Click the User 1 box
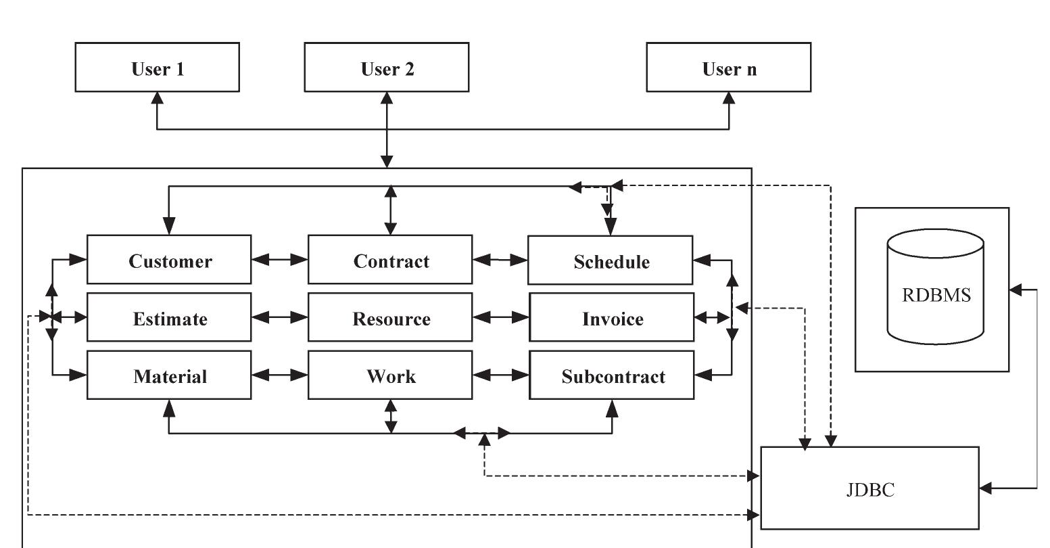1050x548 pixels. (157, 67)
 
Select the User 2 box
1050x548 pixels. (386, 67)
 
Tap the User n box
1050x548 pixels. (728, 67)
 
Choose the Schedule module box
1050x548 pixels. (610, 260)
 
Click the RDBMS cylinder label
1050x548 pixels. (936, 295)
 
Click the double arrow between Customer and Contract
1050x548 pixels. (279, 259)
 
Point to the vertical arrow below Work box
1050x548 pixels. (391, 416)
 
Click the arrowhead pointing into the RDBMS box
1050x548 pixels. (1016, 290)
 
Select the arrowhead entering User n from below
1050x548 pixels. (729, 98)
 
